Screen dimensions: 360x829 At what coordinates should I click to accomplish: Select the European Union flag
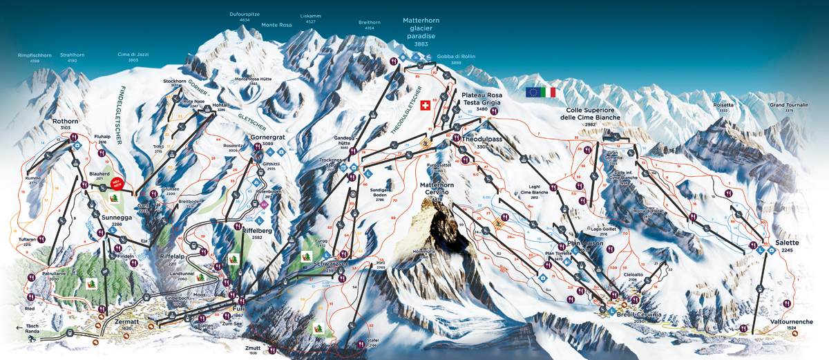tap(533, 92)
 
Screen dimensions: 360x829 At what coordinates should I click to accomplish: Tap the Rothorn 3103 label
tap(61, 124)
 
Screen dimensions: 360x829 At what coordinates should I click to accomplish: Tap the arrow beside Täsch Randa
tap(19, 328)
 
